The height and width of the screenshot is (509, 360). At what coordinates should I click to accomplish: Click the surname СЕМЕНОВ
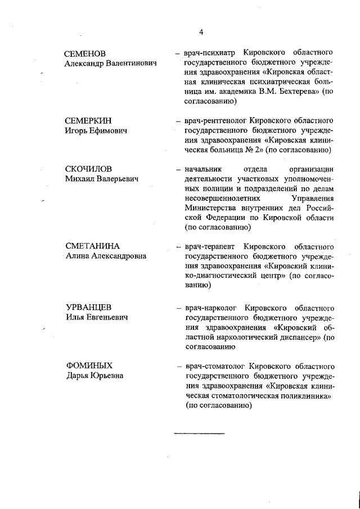(x=85, y=54)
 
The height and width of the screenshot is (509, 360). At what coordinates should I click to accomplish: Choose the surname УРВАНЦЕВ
(x=88, y=308)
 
